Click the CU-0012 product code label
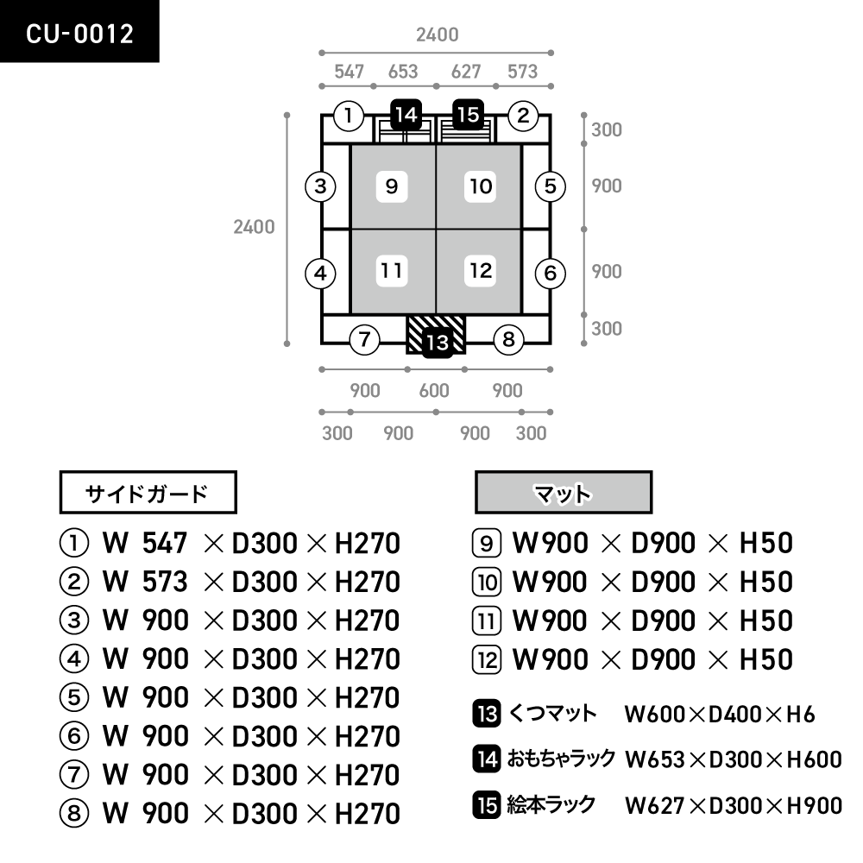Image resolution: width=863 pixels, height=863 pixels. tap(79, 33)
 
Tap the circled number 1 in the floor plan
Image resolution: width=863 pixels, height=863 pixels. tap(348, 116)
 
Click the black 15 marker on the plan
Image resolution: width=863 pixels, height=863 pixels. tap(468, 114)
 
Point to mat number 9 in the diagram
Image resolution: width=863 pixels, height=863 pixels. tap(392, 186)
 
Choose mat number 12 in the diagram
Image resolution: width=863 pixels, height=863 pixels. tap(481, 271)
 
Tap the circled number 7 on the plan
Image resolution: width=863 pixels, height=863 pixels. tap(365, 340)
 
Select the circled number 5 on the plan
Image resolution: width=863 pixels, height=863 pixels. tap(550, 186)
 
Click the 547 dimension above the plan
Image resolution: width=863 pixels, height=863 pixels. tap(349, 72)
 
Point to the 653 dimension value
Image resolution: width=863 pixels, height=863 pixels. tap(403, 72)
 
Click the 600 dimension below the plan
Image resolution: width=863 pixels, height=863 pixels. tap(434, 391)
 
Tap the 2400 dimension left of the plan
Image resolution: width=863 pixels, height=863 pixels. tap(254, 227)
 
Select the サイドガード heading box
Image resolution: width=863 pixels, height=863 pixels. tap(147, 494)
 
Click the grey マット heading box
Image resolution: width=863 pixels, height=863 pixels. tap(563, 494)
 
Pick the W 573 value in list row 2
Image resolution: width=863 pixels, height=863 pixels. tap(145, 583)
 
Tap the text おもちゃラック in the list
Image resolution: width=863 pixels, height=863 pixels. tap(562, 759)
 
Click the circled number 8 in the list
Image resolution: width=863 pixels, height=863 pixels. tap(73, 813)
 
